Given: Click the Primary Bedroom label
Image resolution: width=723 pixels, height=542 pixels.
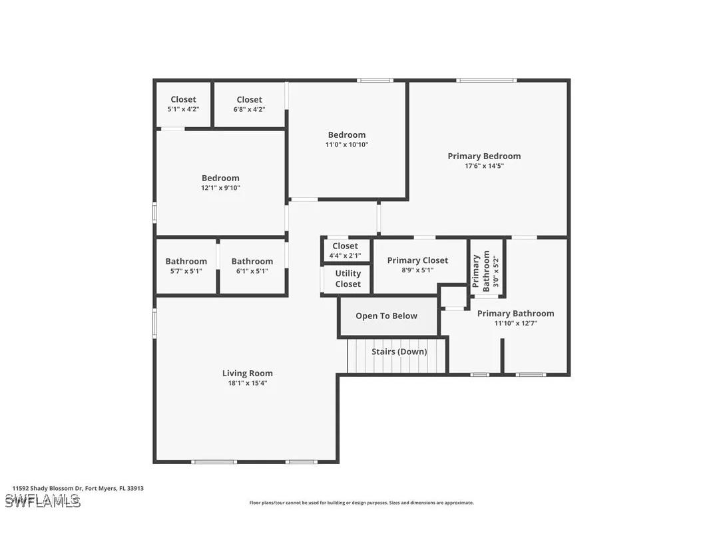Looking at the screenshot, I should click(484, 156).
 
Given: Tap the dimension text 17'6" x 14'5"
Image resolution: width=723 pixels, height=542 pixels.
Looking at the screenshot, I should click(484, 166).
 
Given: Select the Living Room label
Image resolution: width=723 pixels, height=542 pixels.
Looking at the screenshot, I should click(247, 373).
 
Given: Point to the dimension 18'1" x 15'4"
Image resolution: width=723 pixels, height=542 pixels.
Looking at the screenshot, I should click(247, 383).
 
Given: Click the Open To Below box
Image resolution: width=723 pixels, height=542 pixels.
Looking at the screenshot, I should click(386, 316).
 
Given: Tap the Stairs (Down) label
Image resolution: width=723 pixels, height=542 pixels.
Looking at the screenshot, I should click(399, 352).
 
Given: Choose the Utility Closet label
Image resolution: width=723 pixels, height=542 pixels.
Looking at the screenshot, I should click(348, 278).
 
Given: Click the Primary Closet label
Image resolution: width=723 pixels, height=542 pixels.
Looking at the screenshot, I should click(417, 260).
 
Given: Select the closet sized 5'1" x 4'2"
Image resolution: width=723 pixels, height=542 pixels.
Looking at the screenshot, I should click(183, 104).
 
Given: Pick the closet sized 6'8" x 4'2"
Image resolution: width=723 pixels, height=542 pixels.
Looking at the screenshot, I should click(249, 104).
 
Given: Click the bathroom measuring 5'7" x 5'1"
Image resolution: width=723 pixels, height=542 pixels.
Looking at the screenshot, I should click(186, 266).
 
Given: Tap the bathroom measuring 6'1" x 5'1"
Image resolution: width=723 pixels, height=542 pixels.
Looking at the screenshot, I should click(252, 266).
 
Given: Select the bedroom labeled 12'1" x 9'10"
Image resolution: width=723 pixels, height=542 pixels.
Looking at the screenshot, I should click(220, 182).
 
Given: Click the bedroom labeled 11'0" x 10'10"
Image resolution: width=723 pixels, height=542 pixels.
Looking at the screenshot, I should click(346, 139).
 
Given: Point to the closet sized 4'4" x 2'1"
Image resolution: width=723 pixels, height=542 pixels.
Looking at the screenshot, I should click(345, 250).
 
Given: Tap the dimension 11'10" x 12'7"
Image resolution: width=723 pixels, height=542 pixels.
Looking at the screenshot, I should click(515, 323).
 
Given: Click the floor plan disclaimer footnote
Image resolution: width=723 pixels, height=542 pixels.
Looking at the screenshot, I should click(361, 503).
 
